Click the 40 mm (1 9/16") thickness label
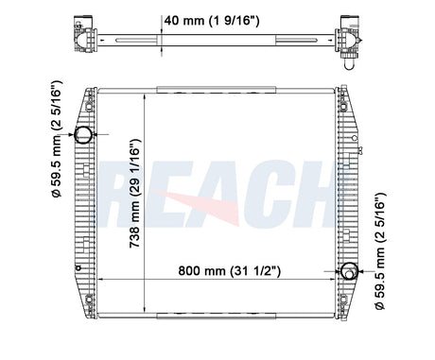click(212, 21)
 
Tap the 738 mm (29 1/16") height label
click(135, 193)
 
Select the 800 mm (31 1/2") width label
click(229, 270)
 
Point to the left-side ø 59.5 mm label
click(58, 139)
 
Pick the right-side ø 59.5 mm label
click(380, 251)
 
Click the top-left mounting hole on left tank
click(89, 107)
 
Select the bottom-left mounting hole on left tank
click(89, 299)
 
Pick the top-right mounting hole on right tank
click(343, 107)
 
